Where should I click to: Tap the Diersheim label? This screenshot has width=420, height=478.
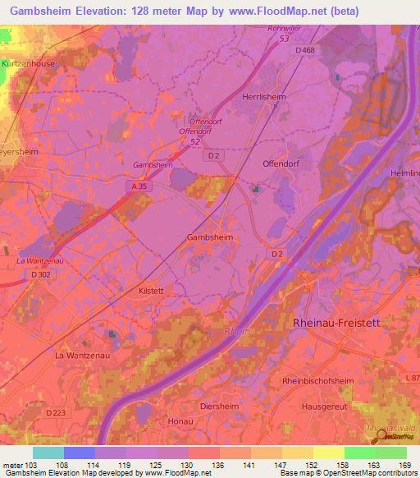click(220, 406)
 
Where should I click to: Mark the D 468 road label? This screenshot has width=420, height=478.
click(305, 50)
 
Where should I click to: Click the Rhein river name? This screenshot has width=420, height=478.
click(235, 332)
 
